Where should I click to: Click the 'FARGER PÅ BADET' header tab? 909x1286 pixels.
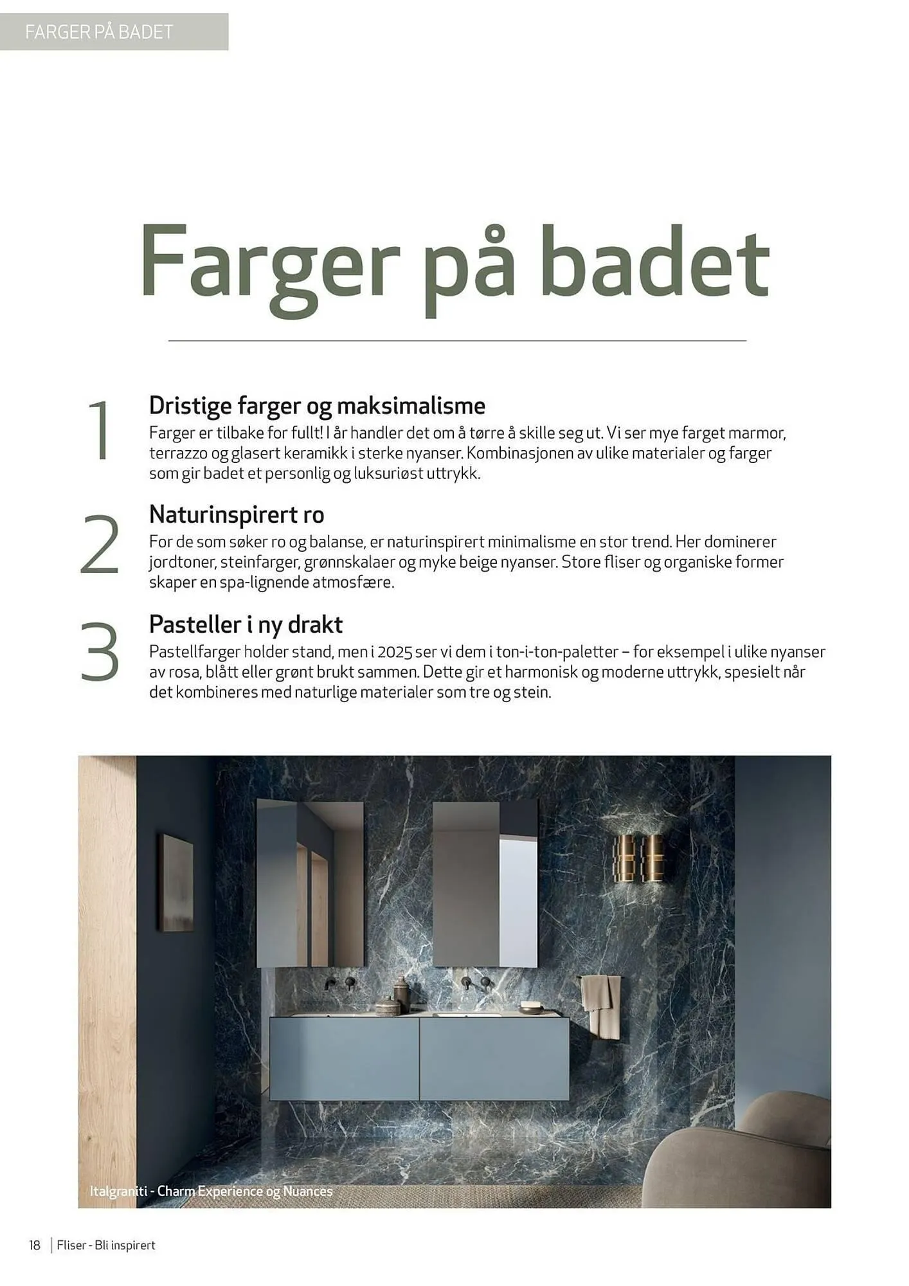pyautogui.click(x=100, y=32)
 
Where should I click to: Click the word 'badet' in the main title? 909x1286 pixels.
pyautogui.click(x=654, y=264)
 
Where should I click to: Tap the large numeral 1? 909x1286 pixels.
pyautogui.click(x=100, y=430)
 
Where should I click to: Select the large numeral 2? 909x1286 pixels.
pyautogui.click(x=100, y=544)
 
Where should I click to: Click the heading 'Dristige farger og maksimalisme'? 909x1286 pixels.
pyautogui.click(x=317, y=406)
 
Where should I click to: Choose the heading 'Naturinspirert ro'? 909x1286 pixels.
pyautogui.click(x=237, y=514)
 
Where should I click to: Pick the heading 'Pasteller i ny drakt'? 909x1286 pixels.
pyautogui.click(x=246, y=624)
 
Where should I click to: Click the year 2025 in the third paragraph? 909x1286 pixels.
pyautogui.click(x=395, y=652)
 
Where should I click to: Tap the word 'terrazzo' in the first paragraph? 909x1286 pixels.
pyautogui.click(x=179, y=454)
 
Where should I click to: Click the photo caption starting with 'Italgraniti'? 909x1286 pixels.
pyautogui.click(x=211, y=1191)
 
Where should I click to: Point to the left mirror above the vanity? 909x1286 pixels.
pyautogui.click(x=310, y=883)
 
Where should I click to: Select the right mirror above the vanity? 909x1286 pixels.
pyautogui.click(x=485, y=883)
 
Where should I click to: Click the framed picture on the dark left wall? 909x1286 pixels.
pyautogui.click(x=175, y=882)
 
